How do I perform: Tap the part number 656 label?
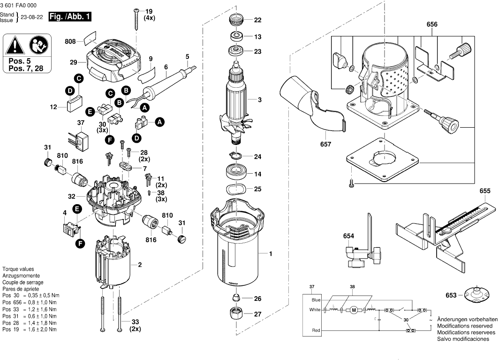(432, 24)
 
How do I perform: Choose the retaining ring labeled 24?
(236, 156)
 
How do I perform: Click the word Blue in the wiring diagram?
(316, 299)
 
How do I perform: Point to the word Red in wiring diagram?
(316, 331)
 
